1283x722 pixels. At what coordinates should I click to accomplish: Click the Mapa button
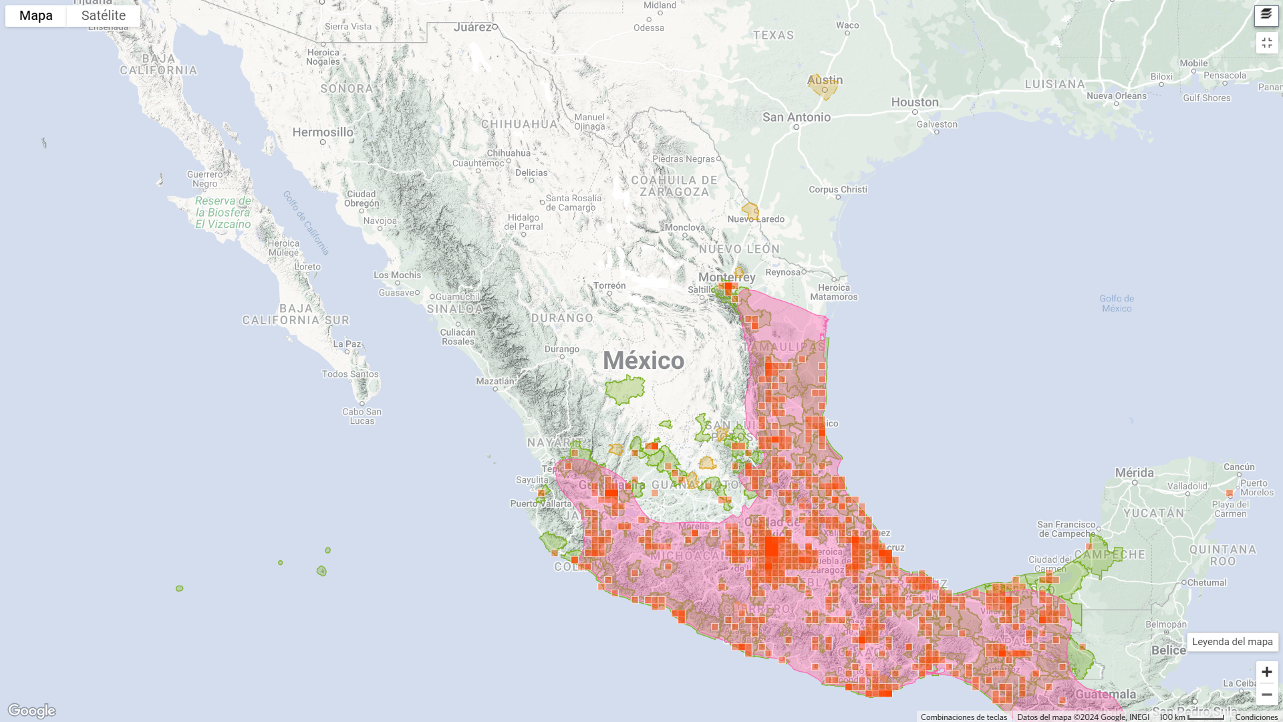pyautogui.click(x=35, y=15)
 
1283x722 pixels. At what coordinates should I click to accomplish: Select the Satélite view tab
pyautogui.click(x=104, y=15)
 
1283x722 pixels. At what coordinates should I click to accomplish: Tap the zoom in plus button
pyautogui.click(x=1266, y=672)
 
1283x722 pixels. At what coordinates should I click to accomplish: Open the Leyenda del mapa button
pyautogui.click(x=1232, y=642)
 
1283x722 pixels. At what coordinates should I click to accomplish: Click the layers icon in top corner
pyautogui.click(x=1266, y=15)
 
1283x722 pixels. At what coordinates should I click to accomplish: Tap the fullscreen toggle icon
pyautogui.click(x=1266, y=43)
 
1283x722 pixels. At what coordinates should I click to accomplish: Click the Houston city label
pyautogui.click(x=914, y=102)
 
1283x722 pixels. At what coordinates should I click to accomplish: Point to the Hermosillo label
pyautogui.click(x=323, y=132)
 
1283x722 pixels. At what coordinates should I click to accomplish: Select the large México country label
pyautogui.click(x=644, y=360)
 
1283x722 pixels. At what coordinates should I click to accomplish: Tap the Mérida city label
pyautogui.click(x=1134, y=473)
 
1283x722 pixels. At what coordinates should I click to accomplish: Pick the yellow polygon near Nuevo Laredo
pyautogui.click(x=750, y=211)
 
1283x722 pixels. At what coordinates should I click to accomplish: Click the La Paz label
pyautogui.click(x=347, y=344)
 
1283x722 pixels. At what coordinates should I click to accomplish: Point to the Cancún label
pyautogui.click(x=1239, y=467)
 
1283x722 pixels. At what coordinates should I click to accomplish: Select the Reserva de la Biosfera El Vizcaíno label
pyautogui.click(x=223, y=212)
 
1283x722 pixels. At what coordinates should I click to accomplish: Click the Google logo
pyautogui.click(x=31, y=710)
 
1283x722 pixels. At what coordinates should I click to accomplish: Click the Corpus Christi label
pyautogui.click(x=837, y=189)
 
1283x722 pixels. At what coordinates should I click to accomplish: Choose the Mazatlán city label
pyautogui.click(x=494, y=381)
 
